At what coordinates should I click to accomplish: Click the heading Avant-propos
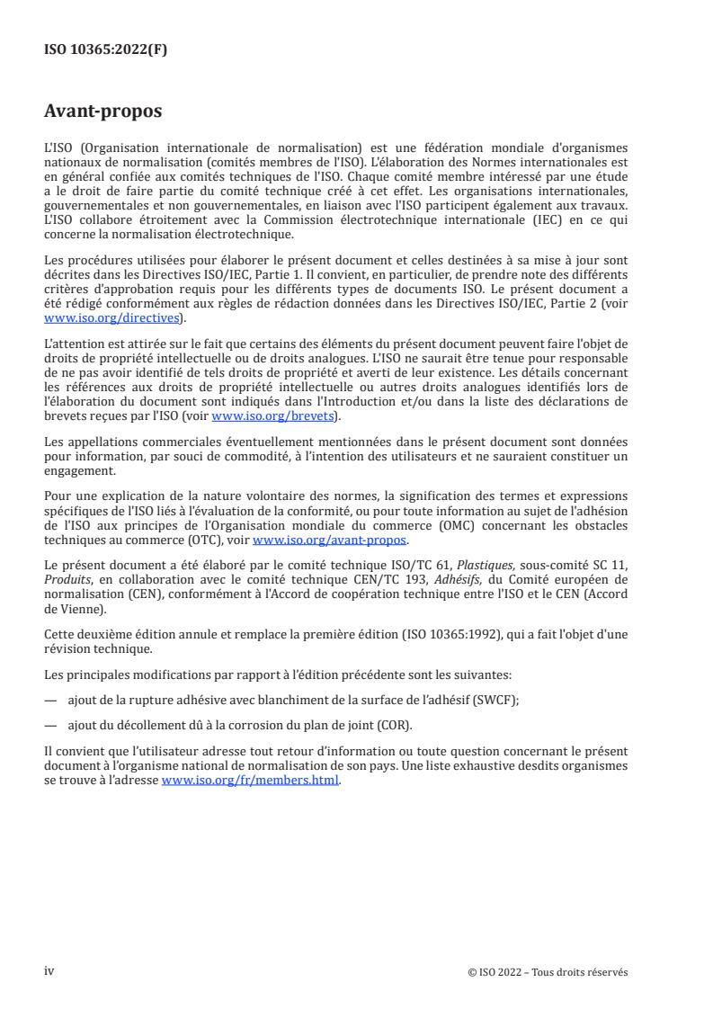coord(102,112)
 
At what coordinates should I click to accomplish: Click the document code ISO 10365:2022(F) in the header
coord(105,50)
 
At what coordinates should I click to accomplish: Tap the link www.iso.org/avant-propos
coord(330,540)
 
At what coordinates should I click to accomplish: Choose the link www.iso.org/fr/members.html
coord(250,780)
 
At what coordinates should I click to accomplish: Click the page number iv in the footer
coord(49,971)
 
